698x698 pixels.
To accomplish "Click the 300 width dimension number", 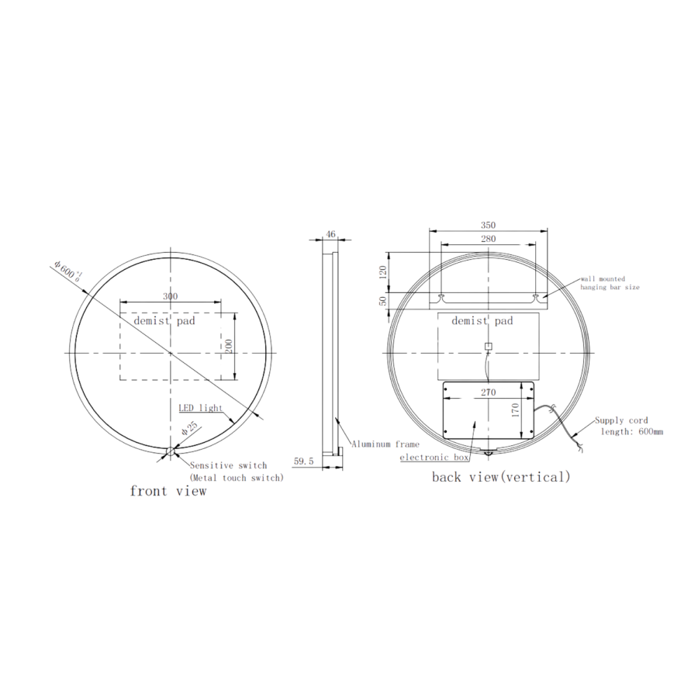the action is tap(170, 296).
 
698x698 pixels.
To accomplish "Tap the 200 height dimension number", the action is tap(229, 346).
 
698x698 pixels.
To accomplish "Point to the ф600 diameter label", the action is tap(67, 271).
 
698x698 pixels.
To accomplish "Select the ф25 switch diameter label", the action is tap(189, 429).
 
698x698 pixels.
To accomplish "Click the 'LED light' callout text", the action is tap(200, 408).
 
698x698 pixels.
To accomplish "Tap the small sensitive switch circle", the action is tap(171, 452).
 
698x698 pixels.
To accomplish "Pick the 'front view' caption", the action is tap(168, 491).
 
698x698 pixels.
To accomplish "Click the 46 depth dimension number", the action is tap(330, 234).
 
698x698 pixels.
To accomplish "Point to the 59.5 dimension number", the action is tap(303, 461).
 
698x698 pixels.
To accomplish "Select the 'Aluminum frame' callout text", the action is tap(385, 444).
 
